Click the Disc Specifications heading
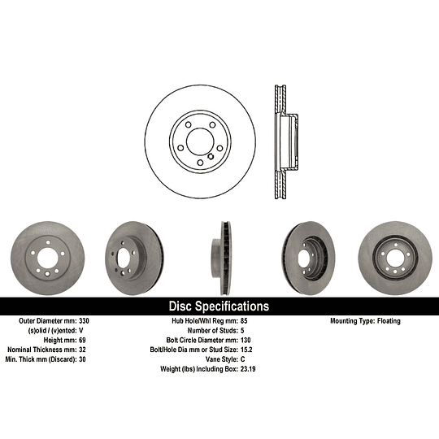pos(219,306)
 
